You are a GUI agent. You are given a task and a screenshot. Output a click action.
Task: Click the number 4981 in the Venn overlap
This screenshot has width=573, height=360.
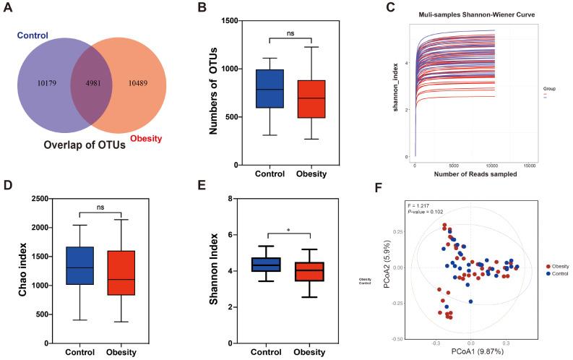coord(91,83)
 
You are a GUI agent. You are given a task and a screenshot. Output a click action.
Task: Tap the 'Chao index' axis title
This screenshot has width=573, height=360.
coord(12,270)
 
